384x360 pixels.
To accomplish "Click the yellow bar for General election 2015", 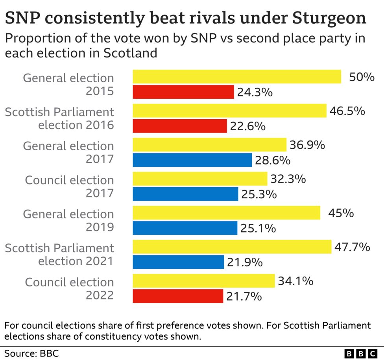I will click(236, 77).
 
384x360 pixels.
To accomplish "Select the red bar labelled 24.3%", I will click(183, 92).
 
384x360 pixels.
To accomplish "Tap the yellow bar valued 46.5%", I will click(229, 111).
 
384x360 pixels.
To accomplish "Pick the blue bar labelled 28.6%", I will click(192, 160).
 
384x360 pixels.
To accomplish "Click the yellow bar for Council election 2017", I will click(200, 179).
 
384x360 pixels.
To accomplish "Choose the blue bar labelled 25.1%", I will click(185, 228).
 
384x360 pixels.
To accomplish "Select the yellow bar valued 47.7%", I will click(232, 247).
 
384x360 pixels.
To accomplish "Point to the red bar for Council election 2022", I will click(178, 296).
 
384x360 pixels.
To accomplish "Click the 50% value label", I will click(362, 77).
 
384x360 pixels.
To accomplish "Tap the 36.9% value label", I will click(307, 145).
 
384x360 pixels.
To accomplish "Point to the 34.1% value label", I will click(295, 281).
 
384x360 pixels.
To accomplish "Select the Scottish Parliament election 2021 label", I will click(59, 255).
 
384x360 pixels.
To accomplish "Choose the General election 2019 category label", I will click(68, 220).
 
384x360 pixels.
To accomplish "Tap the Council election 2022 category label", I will click(70, 288).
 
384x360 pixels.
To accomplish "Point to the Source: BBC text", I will click(31, 353).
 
